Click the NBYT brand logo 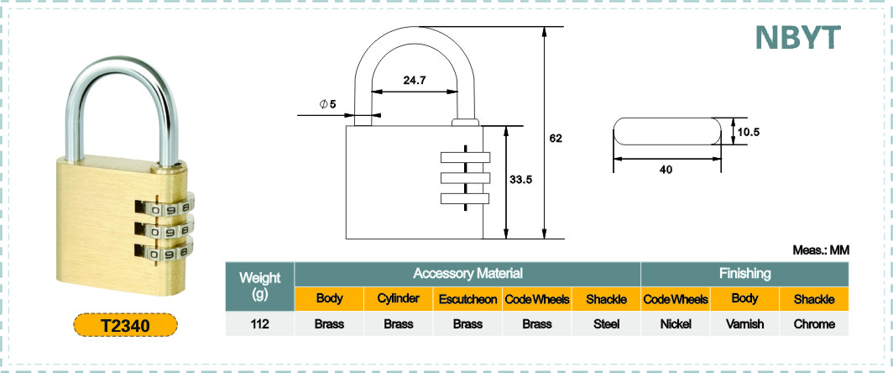click(797, 37)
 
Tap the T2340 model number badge click(125, 326)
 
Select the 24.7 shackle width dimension click(415, 80)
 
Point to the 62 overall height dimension click(556, 138)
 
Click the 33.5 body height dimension click(520, 179)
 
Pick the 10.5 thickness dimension click(749, 132)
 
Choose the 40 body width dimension click(666, 169)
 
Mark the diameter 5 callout click(328, 104)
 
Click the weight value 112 click(259, 324)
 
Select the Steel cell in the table click(606, 324)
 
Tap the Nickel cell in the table click(676, 324)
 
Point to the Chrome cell click(814, 324)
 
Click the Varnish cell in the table click(745, 324)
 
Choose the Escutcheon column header click(467, 299)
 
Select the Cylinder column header click(399, 299)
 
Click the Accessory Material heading click(467, 273)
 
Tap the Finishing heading click(745, 273)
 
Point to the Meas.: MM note click(821, 250)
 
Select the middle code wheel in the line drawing click(465, 178)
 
